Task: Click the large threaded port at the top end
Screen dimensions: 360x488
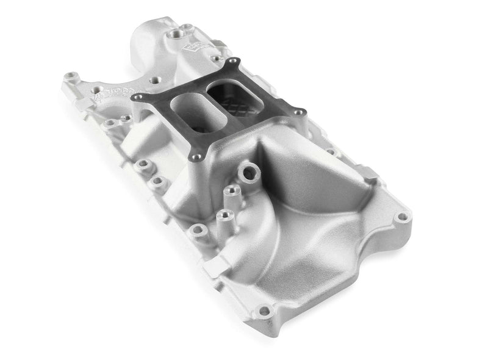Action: point(182,28)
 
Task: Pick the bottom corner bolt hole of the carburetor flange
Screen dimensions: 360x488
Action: point(196,157)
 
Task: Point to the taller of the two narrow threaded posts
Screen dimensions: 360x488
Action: point(231,192)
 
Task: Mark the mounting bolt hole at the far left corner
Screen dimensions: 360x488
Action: point(70,77)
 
